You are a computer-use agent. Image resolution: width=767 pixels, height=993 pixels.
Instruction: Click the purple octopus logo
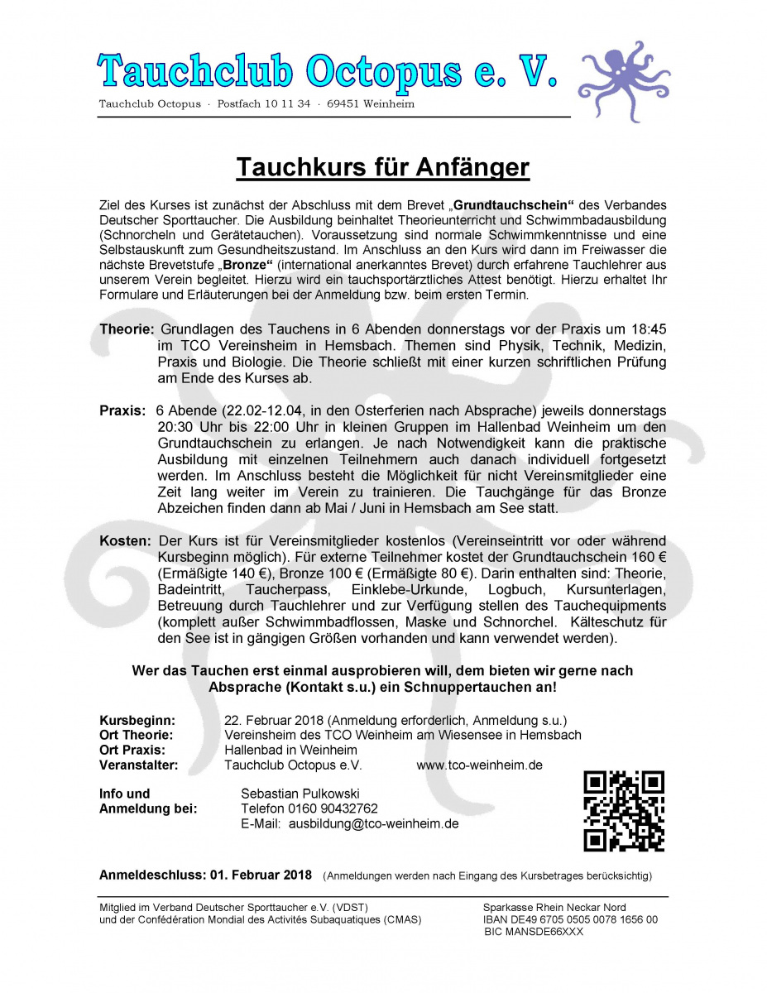(x=623, y=81)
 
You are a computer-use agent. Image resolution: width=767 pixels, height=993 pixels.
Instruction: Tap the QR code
(x=624, y=811)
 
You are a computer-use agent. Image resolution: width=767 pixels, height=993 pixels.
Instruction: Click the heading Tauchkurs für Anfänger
(x=383, y=167)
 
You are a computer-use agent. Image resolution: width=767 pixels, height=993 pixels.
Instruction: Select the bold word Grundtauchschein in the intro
(x=513, y=204)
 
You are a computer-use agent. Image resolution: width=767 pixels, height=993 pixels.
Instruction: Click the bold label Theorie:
(x=127, y=329)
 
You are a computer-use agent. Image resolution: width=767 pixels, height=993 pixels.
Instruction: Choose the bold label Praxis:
(x=122, y=411)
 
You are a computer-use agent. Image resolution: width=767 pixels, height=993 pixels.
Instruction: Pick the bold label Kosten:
(x=126, y=540)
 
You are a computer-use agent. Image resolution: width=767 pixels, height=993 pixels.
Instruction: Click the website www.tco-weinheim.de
(x=479, y=765)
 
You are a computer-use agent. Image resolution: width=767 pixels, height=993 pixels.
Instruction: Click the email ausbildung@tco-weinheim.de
(x=373, y=823)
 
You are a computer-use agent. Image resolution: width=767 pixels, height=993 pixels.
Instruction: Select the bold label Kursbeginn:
(x=137, y=720)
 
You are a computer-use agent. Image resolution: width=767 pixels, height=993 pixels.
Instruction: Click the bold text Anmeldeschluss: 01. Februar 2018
(x=205, y=875)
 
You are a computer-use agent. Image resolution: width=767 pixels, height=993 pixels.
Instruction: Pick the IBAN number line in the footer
(x=571, y=919)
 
